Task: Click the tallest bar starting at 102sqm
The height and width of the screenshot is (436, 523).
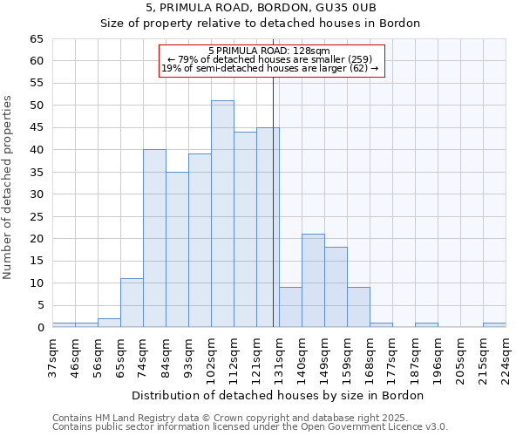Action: click(222, 214)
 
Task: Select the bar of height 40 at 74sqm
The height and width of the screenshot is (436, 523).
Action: click(154, 238)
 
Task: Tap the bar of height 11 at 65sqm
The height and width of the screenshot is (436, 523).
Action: click(132, 303)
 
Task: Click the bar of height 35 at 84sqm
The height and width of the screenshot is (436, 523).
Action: click(177, 249)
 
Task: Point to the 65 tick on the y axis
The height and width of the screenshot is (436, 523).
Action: click(36, 39)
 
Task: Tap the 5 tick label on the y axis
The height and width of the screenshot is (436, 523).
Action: click(39, 305)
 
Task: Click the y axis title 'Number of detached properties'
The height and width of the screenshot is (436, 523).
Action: click(9, 187)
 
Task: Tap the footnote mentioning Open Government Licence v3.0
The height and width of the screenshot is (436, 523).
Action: click(250, 426)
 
